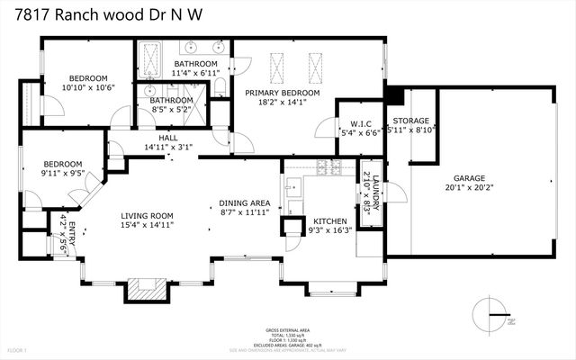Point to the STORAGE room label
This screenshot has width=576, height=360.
coord(410,121)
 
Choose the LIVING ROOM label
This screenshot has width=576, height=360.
coord(148,215)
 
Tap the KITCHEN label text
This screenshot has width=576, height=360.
coord(328,221)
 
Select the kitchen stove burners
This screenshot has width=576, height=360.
coord(325,167)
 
